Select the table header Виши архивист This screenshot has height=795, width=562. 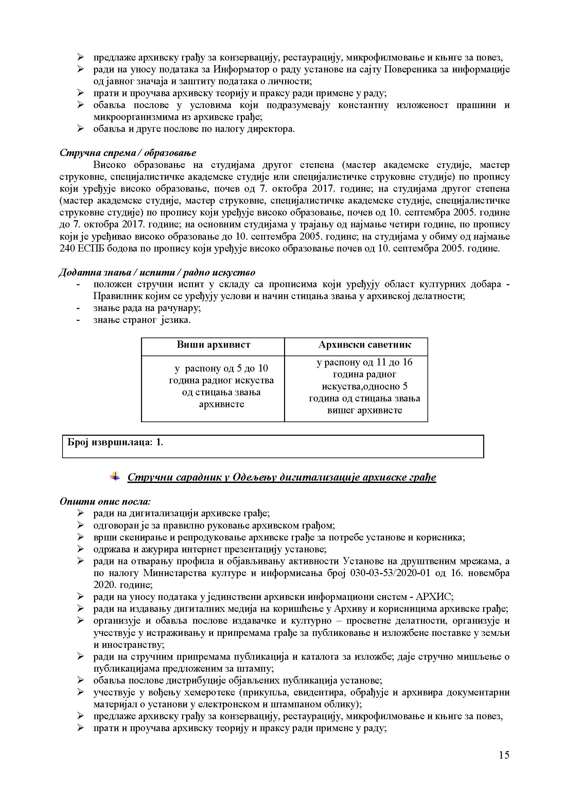click(213, 345)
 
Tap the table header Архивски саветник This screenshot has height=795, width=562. click(364, 345)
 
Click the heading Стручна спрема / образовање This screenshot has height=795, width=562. click(128, 153)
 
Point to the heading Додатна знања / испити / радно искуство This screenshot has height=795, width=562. click(157, 273)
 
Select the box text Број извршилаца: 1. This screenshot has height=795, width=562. click(115, 442)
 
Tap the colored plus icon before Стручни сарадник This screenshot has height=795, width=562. click(115, 477)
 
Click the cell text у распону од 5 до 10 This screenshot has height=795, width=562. click(222, 368)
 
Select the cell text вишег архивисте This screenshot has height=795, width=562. click(364, 410)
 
